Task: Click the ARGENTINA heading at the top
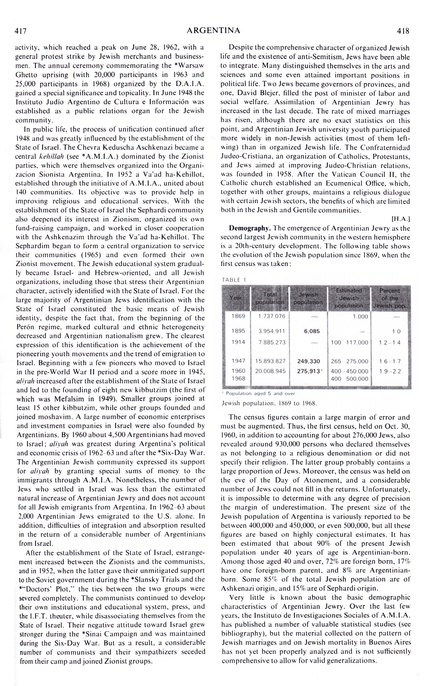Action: [213, 31]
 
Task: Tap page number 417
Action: [21, 31]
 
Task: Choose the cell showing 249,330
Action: [308, 361]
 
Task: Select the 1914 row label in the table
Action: [238, 342]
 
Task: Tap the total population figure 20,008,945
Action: [270, 371]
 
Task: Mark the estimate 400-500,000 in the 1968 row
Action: [349, 379]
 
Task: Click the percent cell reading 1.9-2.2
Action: [389, 371]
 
